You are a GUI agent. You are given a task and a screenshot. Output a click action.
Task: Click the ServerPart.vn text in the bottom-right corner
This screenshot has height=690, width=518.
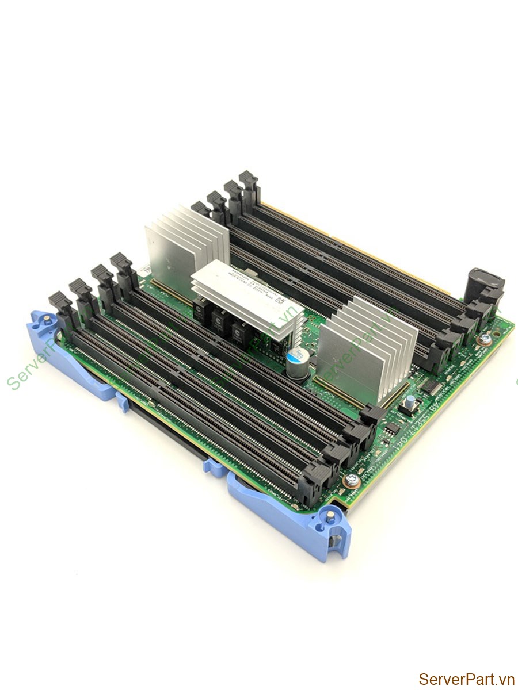[466, 679]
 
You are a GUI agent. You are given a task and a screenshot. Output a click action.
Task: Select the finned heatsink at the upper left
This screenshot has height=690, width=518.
[185, 245]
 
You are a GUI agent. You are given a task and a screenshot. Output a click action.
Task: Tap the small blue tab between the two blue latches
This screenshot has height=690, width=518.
[214, 467]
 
